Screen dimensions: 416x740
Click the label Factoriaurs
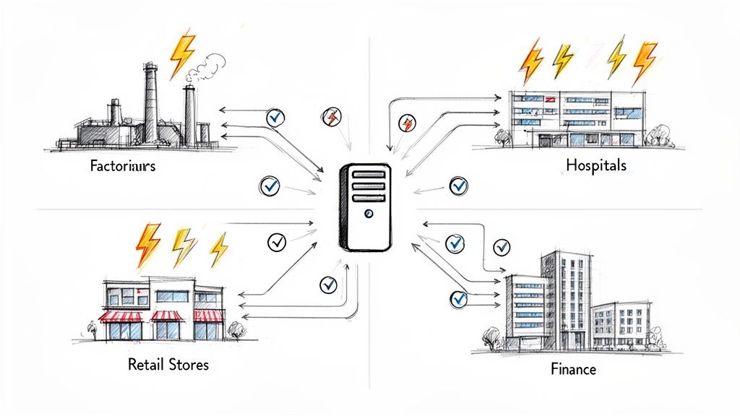point(123,165)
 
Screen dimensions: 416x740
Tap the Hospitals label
point(596,165)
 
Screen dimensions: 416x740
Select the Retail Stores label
point(168,364)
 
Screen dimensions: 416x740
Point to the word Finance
point(573,369)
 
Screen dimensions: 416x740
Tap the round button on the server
point(369,214)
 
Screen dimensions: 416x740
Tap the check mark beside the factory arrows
point(275,117)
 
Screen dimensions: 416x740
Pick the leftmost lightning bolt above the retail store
point(148,243)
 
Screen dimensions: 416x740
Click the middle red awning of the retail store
point(166,316)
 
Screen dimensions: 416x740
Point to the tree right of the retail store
point(236,329)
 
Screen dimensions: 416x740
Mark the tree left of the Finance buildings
point(491,337)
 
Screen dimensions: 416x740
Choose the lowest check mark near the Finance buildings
point(458,297)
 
